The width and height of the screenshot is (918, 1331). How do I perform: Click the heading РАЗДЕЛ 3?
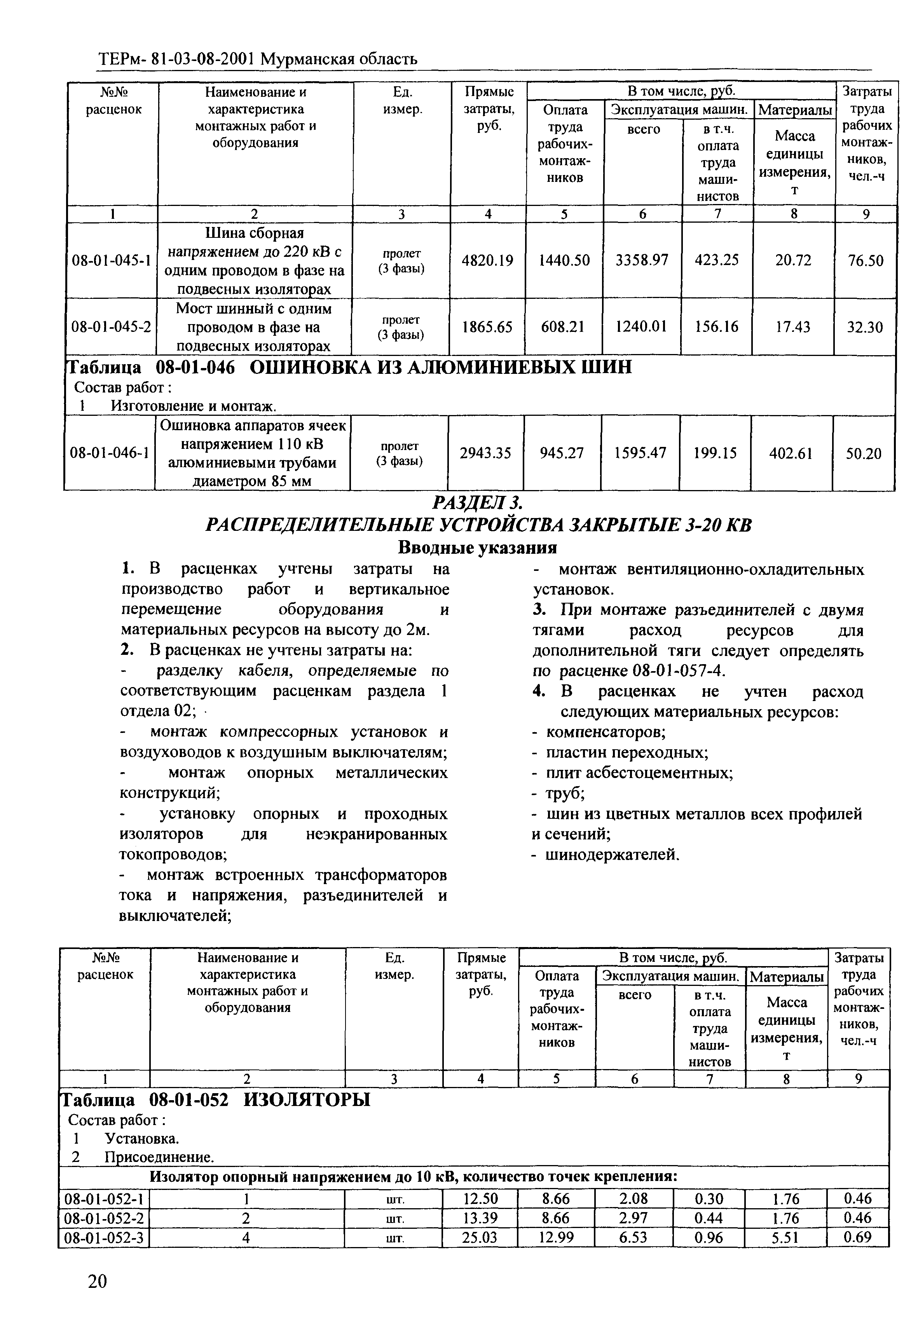(x=477, y=503)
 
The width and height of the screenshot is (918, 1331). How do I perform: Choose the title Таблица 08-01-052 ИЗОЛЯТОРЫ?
(x=216, y=1099)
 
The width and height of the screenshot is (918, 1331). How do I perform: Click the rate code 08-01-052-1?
(x=104, y=1199)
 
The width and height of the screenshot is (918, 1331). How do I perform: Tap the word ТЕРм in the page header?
(x=117, y=59)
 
